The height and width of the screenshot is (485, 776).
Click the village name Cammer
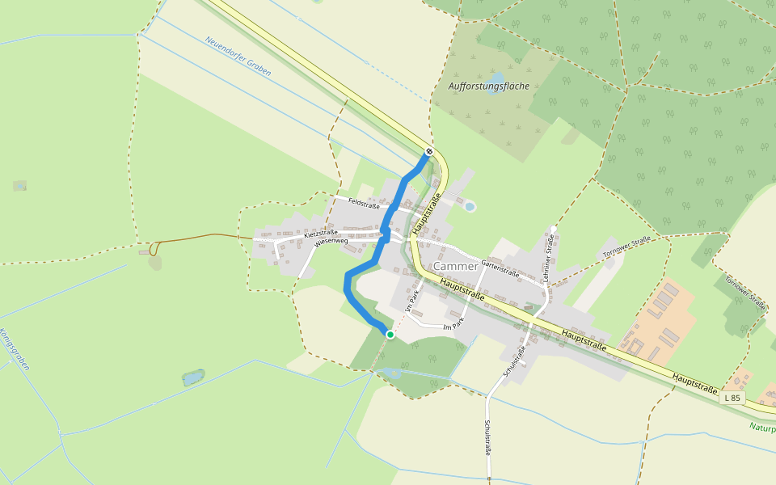455,267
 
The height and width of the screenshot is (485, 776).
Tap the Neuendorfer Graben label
238,56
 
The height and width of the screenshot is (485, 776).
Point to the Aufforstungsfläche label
488,86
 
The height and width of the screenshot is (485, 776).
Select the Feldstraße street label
364,205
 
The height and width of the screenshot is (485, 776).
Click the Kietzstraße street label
320,233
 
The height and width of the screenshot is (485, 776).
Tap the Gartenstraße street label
500,268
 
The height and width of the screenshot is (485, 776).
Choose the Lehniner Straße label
549,256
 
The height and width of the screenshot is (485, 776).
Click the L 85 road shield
731,398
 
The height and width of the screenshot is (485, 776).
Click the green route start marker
390,335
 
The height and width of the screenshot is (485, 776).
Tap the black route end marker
429,151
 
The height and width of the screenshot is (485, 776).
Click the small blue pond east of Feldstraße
470,207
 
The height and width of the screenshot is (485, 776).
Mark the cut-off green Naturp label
761,427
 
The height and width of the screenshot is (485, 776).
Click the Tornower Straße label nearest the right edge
744,293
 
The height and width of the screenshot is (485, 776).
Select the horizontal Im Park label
454,326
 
